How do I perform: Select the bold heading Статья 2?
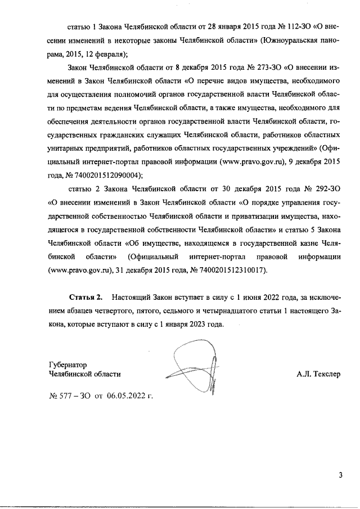pyautogui.click(x=86, y=295)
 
